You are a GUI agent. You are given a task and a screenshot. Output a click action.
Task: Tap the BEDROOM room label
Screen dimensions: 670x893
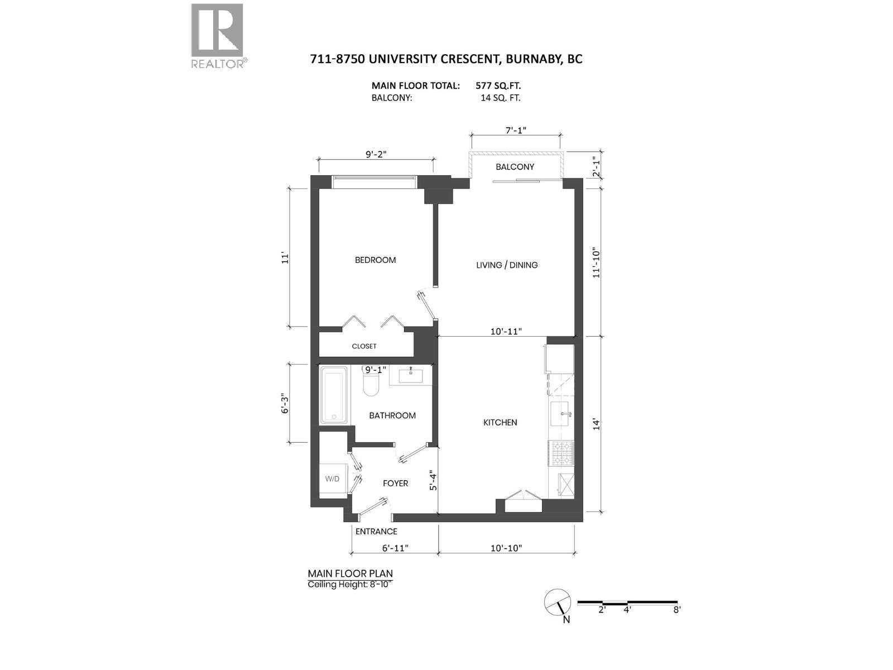pos(375,260)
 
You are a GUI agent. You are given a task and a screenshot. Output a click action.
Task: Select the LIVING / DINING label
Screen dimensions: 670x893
pos(506,265)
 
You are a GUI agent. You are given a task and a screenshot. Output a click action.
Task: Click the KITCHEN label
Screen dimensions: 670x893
pos(500,423)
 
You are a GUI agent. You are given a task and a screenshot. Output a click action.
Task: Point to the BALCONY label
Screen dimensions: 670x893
pos(515,167)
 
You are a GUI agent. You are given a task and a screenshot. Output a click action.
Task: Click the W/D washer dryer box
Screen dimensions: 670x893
pos(333,479)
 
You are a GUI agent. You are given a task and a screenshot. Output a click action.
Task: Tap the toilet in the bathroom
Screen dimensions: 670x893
pos(371,385)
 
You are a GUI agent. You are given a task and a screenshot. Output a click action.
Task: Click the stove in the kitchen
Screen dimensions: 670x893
pos(562,453)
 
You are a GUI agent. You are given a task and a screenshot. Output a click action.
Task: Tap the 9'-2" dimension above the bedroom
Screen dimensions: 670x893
pos(376,154)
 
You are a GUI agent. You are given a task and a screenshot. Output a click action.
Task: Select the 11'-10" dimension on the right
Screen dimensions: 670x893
pos(597,262)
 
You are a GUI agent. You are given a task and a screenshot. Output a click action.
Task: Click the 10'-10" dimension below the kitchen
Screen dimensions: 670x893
pos(506,548)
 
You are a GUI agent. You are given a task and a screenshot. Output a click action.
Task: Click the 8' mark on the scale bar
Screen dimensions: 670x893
pos(676,610)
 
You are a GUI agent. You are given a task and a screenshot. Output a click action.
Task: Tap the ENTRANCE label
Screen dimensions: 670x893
pos(376,532)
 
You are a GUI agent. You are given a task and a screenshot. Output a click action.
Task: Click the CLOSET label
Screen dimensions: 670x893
pos(364,346)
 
